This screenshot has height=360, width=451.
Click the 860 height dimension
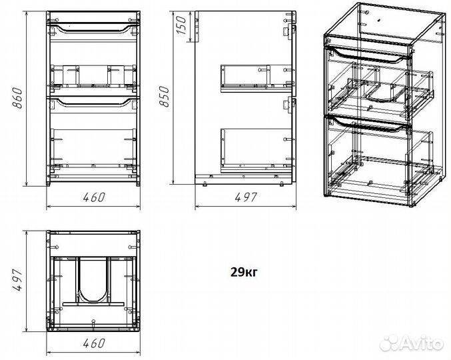[18, 98]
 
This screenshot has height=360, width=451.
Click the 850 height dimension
[165, 97]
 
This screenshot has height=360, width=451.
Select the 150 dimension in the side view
[181, 25]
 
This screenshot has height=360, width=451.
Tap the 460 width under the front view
[94, 197]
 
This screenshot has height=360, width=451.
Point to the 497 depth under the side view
[246, 197]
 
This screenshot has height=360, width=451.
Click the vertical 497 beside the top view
[17, 280]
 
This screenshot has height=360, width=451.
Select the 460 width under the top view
[94, 343]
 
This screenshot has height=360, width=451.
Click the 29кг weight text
[244, 271]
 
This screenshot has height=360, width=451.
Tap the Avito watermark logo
[411, 343]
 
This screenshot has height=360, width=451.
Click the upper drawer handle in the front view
[93, 29]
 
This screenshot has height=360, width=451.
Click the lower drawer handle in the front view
[93, 103]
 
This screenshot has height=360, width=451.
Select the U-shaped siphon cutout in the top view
[93, 281]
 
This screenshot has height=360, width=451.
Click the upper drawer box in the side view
[256, 78]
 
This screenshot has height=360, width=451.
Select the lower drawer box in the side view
[256, 150]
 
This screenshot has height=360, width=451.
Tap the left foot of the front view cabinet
[49, 184]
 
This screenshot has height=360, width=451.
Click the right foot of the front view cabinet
[138, 184]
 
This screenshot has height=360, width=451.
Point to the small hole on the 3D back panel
[379, 21]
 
